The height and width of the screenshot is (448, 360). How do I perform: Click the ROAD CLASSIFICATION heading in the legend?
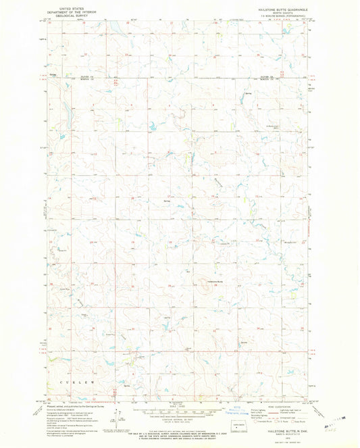click(x=282, y=405)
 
